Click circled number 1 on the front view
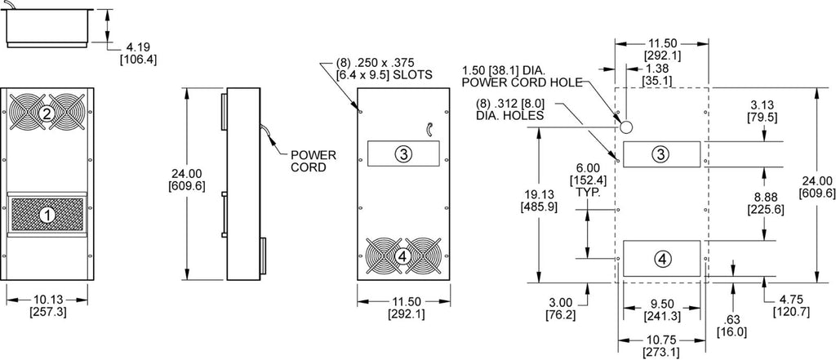click(48, 215)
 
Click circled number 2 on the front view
click(47, 113)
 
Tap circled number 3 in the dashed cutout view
click(661, 154)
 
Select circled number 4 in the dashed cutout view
click(661, 260)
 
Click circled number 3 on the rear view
click(403, 154)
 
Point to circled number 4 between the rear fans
click(403, 257)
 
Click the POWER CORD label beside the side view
click(313, 161)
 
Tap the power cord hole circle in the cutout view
click(626, 127)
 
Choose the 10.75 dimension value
click(661, 340)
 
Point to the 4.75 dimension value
click(790, 300)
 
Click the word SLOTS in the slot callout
click(414, 74)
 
